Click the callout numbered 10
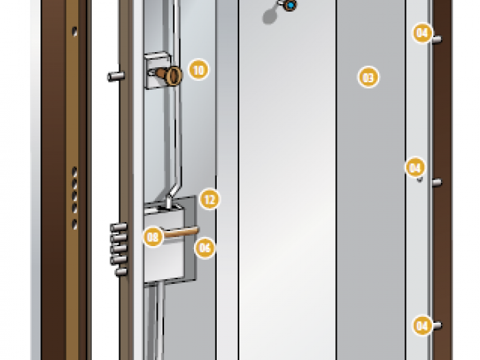pyautogui.click(x=199, y=70)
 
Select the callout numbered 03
pyautogui.click(x=368, y=77)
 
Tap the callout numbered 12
pyautogui.click(x=210, y=200)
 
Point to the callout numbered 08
pyautogui.click(x=153, y=237)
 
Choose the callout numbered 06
pyautogui.click(x=205, y=248)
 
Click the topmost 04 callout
pyautogui.click(x=423, y=33)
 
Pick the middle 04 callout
pyautogui.click(x=415, y=167)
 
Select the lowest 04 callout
pyautogui.click(x=423, y=326)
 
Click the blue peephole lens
pyautogui.click(x=291, y=5)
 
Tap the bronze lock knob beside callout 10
pyautogui.click(x=170, y=75)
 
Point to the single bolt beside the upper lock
pyautogui.click(x=116, y=76)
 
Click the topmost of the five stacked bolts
pyautogui.click(x=119, y=227)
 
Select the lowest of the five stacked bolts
pyautogui.click(x=121, y=272)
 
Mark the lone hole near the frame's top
pyautogui.click(x=75, y=32)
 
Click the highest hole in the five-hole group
pyautogui.click(x=75, y=171)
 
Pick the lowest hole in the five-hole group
pyautogui.click(x=75, y=224)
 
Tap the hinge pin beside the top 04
pyautogui.click(x=437, y=39)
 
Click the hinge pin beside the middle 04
pyautogui.click(x=437, y=182)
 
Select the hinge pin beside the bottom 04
pyautogui.click(x=437, y=326)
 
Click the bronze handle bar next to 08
pyautogui.click(x=181, y=232)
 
